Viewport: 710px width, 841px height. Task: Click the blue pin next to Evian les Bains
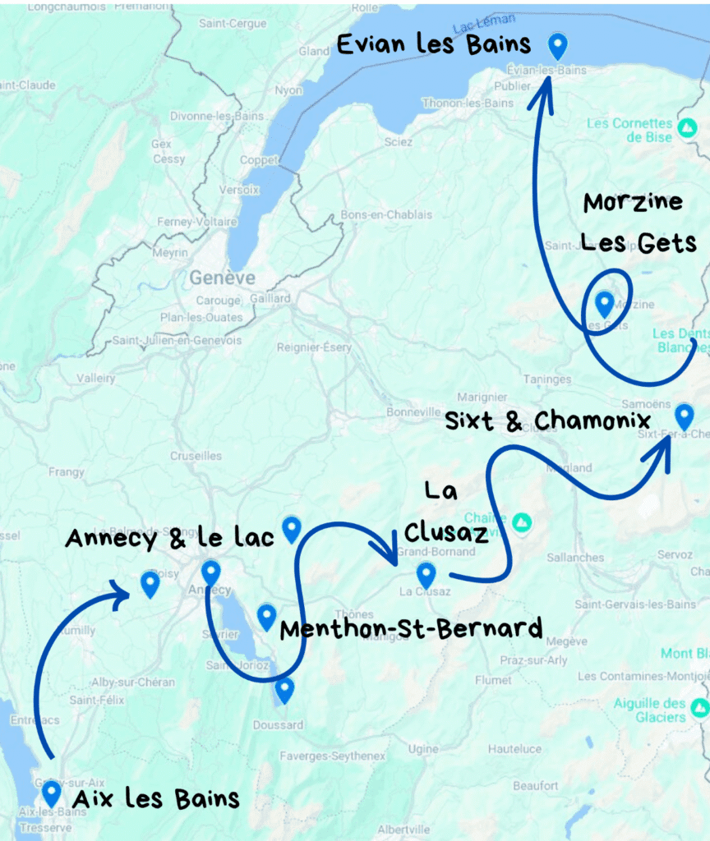coord(558,45)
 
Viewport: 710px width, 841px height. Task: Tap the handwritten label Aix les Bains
coord(156,798)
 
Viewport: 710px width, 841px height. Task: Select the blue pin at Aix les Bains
coord(52,793)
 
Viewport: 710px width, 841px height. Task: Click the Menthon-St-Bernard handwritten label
coord(411,629)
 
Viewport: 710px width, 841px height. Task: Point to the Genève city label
coord(222,278)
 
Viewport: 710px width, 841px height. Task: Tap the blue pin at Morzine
coord(605,304)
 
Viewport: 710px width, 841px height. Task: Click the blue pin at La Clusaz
coord(426,574)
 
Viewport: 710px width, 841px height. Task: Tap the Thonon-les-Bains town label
coord(468,103)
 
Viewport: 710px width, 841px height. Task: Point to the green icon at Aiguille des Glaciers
coord(699,707)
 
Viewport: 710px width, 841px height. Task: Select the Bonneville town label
coord(414,411)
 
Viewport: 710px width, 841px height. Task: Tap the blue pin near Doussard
coord(284,689)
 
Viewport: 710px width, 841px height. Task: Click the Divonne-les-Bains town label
coord(217,116)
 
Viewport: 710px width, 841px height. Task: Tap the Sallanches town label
coord(575,558)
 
